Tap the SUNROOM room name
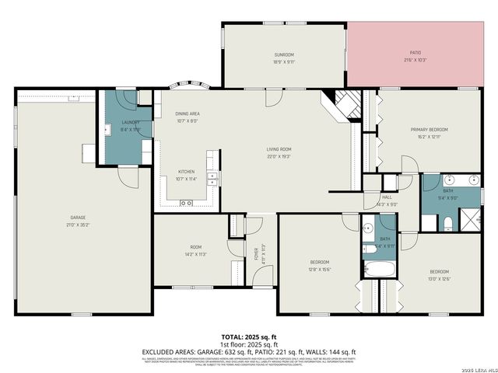coord(283,54)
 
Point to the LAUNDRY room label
coord(121,122)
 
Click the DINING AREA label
coord(188,113)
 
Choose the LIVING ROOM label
coord(279,149)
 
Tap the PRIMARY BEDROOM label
coord(430,129)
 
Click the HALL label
coord(386,198)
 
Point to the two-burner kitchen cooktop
coord(186,204)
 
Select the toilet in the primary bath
coord(447,224)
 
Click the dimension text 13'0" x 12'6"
coord(440,279)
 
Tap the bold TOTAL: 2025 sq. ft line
coord(248,338)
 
